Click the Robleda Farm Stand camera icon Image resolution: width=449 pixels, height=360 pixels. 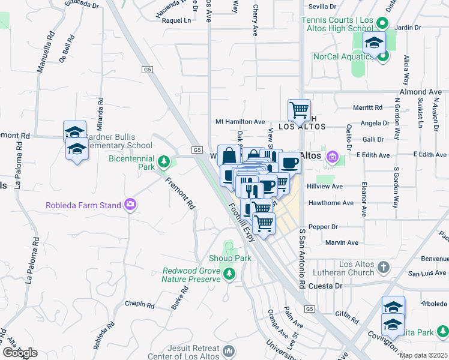(130, 205)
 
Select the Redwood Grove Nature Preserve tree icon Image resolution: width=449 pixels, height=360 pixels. (229, 274)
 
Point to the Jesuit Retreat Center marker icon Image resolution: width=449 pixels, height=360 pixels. (228, 350)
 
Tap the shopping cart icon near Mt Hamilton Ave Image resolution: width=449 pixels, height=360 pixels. (299, 110)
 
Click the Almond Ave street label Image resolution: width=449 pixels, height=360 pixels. (420, 92)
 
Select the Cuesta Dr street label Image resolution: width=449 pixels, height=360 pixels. (330, 286)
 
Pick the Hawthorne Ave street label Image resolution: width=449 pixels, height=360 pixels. (331, 203)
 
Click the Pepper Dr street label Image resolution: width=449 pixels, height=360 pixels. (323, 227)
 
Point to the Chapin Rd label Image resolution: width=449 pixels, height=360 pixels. (140, 304)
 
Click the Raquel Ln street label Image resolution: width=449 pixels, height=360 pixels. (178, 20)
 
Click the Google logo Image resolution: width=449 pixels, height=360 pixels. (20, 353)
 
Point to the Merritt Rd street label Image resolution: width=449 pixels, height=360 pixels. (368, 107)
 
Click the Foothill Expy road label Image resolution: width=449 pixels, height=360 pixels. (242, 221)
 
